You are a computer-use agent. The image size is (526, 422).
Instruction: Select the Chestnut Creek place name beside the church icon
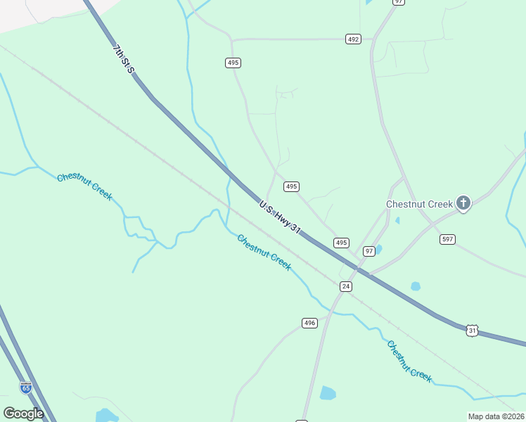tap(419, 204)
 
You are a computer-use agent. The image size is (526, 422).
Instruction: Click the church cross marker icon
tap(463, 203)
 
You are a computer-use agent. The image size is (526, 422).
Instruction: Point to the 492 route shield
tap(353, 39)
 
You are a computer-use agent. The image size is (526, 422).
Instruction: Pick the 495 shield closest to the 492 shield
tap(233, 63)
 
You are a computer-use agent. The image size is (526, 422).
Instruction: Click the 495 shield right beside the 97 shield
tap(341, 243)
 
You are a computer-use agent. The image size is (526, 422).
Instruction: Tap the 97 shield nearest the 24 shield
tap(369, 251)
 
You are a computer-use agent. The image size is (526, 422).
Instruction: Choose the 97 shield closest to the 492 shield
tap(399, 2)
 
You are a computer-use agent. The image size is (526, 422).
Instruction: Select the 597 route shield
tap(447, 239)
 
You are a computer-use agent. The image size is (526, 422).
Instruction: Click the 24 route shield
tap(345, 286)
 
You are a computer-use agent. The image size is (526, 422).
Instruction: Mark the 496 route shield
tap(309, 323)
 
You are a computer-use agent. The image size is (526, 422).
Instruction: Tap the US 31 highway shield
tap(473, 330)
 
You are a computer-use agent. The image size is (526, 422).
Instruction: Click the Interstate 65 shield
tap(26, 388)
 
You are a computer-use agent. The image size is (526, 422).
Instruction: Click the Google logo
tap(23, 414)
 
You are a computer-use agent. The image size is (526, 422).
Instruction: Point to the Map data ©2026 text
tap(496, 416)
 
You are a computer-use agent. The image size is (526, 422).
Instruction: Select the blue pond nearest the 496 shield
tap(328, 393)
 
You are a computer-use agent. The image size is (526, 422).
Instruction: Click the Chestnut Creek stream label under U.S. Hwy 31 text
tap(264, 252)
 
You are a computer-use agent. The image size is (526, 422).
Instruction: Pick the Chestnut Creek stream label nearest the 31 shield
tap(409, 361)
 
